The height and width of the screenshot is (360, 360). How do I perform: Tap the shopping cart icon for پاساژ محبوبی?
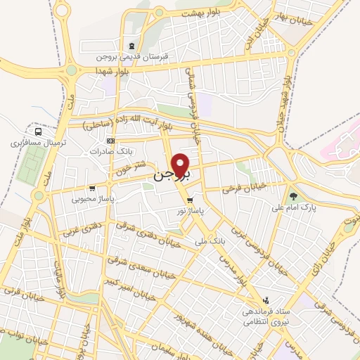click(92, 188)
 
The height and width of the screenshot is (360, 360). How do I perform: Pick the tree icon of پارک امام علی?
click(292, 196)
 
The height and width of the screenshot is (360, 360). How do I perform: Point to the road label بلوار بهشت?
click(200, 13)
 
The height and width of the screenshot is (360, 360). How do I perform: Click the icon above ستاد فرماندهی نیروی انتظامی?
click(265, 300)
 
